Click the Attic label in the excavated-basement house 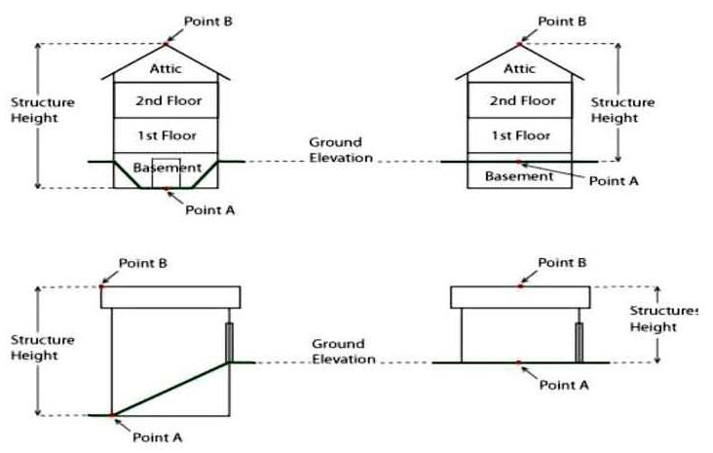coord(166,68)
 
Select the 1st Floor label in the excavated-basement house coord(166,135)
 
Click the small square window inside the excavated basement coord(167,171)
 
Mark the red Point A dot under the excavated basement coord(167,188)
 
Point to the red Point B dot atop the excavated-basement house coord(166,44)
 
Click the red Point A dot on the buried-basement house coord(518,161)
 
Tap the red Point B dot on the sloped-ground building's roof coord(102,286)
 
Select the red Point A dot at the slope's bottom coord(113,415)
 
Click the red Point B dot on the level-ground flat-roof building coord(520,286)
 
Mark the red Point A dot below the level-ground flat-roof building coord(519,362)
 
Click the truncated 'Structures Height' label coord(664,320)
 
